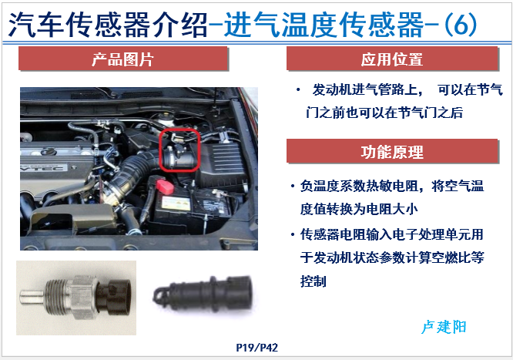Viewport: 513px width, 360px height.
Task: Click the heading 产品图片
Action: (122, 59)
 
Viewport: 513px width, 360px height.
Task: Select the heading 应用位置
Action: (391, 59)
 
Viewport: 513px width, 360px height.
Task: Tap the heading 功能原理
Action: (392, 152)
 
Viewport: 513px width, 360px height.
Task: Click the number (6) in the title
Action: (461, 25)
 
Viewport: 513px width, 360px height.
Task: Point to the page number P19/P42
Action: (256, 348)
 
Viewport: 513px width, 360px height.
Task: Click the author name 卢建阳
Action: (444, 327)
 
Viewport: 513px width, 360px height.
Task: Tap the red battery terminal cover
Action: (165, 186)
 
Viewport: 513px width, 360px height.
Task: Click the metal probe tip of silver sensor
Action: (32, 297)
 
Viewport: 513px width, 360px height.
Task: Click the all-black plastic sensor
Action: (203, 294)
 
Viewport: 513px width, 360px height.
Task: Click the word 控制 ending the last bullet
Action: (313, 281)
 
